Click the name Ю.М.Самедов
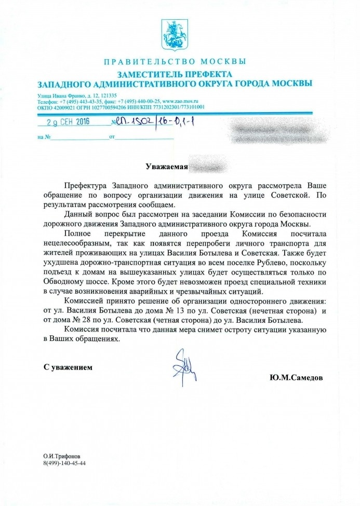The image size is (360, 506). [x=296, y=377]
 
